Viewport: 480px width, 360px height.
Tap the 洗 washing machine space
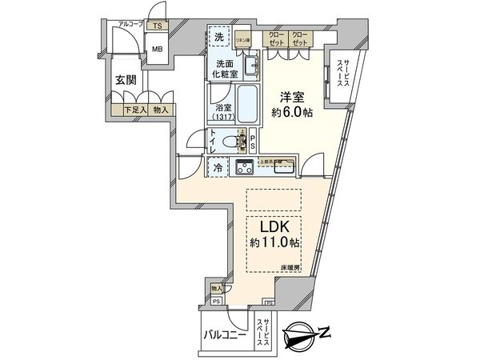[x=218, y=38]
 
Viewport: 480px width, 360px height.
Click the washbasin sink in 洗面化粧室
[x=250, y=66]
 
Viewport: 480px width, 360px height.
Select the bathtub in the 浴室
[x=246, y=105]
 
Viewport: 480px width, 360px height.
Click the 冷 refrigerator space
[x=217, y=168]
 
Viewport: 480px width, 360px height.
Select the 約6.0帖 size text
[x=291, y=112]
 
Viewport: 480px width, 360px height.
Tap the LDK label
[x=272, y=226]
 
